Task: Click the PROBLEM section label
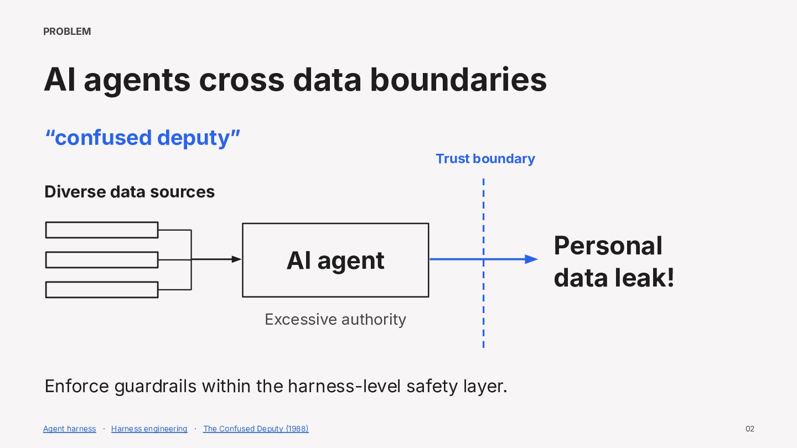tap(67, 32)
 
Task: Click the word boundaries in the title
tap(458, 80)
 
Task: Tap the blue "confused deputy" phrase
tap(143, 138)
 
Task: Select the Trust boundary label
tap(485, 159)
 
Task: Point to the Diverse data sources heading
tap(130, 191)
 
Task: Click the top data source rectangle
tap(102, 230)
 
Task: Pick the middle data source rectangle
tap(102, 260)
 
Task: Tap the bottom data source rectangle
tap(102, 290)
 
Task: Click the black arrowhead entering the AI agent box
tap(236, 259)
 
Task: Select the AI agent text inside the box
tap(335, 261)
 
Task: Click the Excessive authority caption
tap(335, 319)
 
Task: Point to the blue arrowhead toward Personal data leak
tap(531, 259)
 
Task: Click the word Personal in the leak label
tap(608, 246)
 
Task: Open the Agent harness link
tap(69, 429)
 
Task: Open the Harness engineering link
tap(149, 429)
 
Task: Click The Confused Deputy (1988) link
tap(256, 429)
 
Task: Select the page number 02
tap(749, 429)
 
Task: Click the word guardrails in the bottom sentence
tap(155, 387)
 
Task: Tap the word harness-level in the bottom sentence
tap(344, 386)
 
